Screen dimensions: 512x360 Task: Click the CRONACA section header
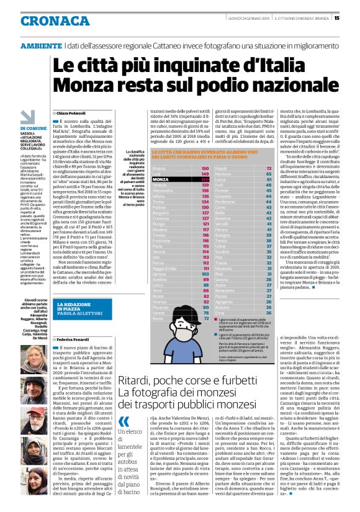(47, 21)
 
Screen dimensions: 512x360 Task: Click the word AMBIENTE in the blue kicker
(40, 46)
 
